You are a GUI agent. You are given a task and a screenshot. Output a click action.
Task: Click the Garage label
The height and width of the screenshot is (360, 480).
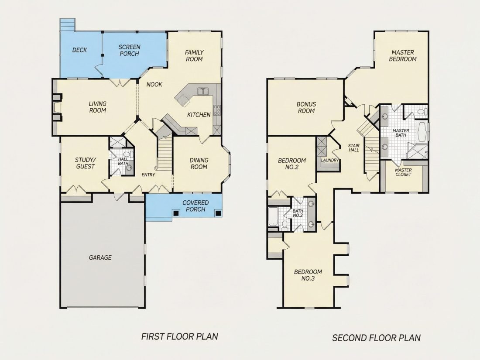[100, 258]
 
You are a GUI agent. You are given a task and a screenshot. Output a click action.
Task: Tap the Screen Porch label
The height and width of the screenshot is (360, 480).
[130, 50]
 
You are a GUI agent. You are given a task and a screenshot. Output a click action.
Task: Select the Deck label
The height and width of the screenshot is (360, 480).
[79, 50]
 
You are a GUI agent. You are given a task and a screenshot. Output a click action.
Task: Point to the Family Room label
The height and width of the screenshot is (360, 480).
[194, 56]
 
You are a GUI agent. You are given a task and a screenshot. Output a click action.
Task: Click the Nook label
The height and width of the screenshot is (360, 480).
[154, 85]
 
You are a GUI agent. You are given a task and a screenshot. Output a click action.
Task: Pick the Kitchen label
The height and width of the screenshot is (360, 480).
[199, 115]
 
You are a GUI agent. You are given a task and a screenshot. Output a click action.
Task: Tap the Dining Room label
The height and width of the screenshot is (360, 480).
[199, 164]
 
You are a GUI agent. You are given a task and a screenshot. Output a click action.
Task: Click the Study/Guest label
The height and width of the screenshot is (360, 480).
[86, 163]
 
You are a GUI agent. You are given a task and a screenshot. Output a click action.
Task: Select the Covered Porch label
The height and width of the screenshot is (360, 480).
[195, 206]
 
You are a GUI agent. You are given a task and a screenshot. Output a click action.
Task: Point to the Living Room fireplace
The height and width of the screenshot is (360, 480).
[57, 107]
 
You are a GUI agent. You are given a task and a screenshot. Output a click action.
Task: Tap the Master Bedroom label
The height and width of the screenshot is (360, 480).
[403, 56]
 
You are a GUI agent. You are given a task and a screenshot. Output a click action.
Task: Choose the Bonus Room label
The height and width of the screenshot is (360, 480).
[306, 107]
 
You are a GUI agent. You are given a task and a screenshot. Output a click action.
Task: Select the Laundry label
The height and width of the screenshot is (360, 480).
[330, 160]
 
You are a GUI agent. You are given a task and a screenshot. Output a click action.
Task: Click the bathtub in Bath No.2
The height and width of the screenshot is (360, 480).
[273, 217]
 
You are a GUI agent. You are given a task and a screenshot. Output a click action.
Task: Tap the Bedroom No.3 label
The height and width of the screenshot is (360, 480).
[308, 275]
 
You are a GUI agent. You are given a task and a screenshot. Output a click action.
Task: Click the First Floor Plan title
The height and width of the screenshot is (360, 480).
[180, 337]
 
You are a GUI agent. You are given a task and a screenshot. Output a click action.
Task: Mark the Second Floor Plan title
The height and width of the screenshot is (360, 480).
[377, 338]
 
